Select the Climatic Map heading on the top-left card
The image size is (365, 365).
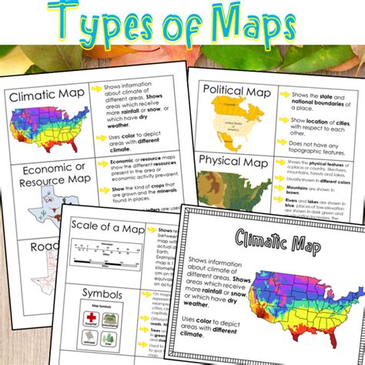[x=45, y=97]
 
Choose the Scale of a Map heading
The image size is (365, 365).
[x=105, y=226]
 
